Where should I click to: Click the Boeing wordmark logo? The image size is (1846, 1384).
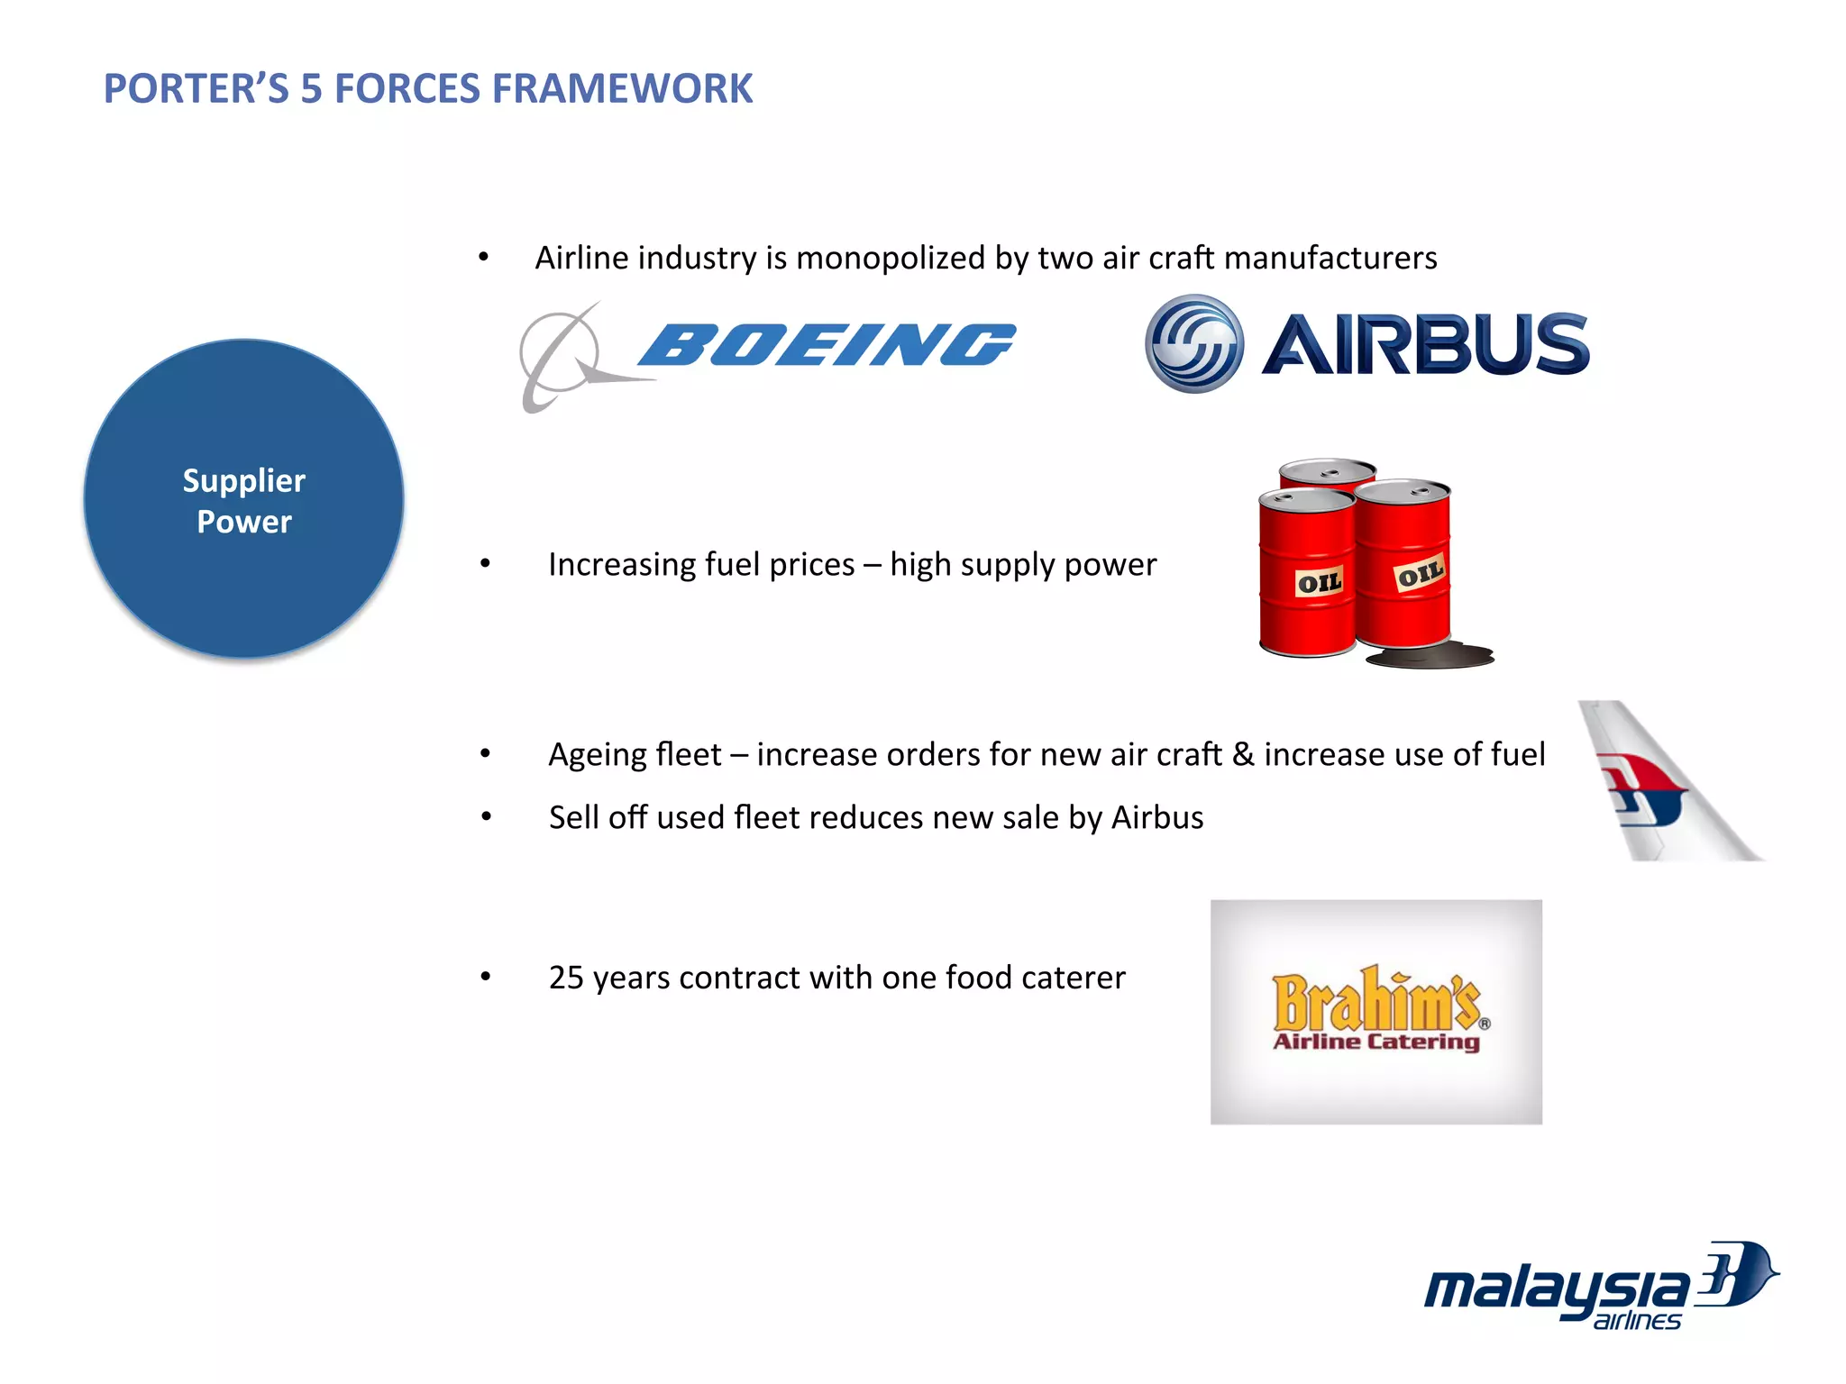[x=827, y=345]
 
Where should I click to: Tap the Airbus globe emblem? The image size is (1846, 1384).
[x=1194, y=344]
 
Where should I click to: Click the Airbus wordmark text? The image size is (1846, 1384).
[x=1425, y=344]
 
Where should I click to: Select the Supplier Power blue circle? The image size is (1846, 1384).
[x=244, y=499]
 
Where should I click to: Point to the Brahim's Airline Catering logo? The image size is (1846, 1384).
[x=1375, y=1012]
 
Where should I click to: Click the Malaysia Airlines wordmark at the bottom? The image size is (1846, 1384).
[x=1555, y=1288]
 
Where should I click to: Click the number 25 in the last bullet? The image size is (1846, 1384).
[x=566, y=978]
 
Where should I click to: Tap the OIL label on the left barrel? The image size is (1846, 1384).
[x=1320, y=583]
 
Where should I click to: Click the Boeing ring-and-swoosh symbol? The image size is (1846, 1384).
[x=563, y=356]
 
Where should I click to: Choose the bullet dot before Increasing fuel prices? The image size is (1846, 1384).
[x=485, y=564]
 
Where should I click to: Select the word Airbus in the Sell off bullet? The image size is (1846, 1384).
[x=1157, y=818]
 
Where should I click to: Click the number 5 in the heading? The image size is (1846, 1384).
[x=311, y=88]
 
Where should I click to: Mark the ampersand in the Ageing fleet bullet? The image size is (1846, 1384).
[x=1243, y=754]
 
